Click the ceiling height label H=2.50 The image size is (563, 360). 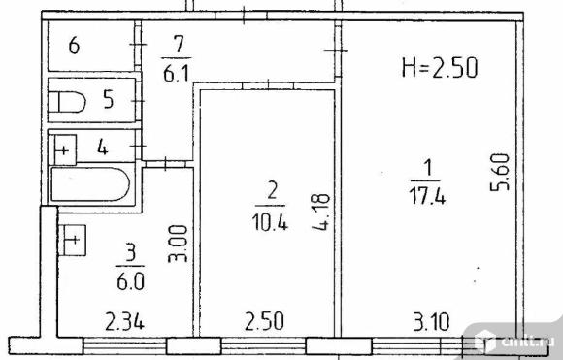pos(440,68)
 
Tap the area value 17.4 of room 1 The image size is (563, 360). pos(427,197)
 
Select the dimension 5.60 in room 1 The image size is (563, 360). pos(500,173)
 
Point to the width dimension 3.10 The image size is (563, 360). pos(431,321)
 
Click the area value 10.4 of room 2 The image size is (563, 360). pos(270,222)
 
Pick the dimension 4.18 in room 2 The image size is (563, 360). pos(320,212)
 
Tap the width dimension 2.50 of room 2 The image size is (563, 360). pos(264,321)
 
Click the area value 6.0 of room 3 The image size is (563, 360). pos(130,281)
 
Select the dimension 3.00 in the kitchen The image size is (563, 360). pos(178,244)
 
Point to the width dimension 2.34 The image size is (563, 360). pos(124,321)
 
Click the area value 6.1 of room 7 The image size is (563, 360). pos(176,74)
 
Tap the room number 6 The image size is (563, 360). pos(74,46)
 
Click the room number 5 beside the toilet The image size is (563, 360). pos(109,99)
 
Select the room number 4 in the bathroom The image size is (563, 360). pos(103,147)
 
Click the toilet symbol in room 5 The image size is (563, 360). pos(67,102)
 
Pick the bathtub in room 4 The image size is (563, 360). pos(90,184)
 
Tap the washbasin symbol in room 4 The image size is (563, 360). pos(65,150)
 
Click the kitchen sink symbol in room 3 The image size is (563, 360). pos(72,240)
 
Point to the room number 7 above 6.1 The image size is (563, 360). pos(178,45)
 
